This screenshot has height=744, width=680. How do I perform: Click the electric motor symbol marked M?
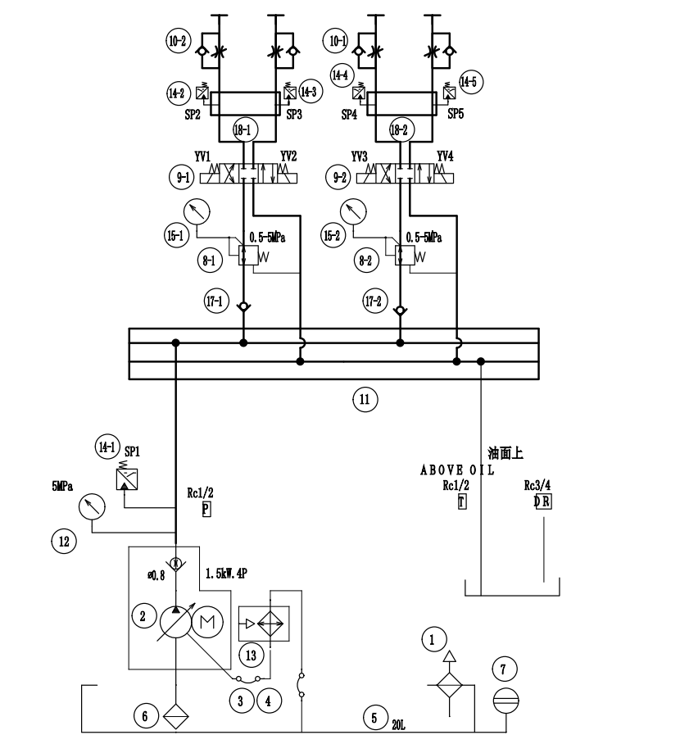point(207,622)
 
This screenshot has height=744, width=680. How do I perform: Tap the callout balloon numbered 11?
point(365,400)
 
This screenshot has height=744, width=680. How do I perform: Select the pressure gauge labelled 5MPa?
point(92,506)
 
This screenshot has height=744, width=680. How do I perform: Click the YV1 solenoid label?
point(202,157)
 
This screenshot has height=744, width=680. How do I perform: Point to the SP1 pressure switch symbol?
point(127,479)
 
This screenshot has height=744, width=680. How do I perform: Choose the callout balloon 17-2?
point(374,301)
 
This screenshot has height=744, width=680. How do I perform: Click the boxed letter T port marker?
point(462,501)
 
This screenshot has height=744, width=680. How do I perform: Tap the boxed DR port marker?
point(542,501)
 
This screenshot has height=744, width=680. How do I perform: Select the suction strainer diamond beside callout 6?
point(175,716)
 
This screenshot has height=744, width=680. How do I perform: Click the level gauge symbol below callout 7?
point(505,701)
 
